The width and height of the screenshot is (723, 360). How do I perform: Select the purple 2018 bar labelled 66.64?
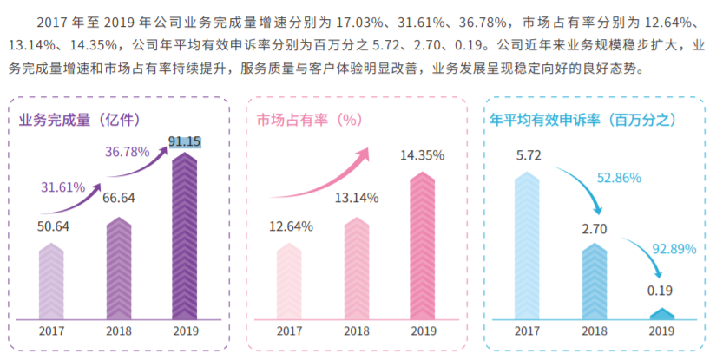coord(119,267)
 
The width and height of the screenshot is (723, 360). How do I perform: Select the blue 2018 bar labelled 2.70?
coord(595,280)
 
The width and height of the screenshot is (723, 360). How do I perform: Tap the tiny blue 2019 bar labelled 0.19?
coord(662,313)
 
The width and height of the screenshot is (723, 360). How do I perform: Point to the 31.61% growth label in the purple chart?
coord(63,187)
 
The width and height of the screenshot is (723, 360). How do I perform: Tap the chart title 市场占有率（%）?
coord(308,119)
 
